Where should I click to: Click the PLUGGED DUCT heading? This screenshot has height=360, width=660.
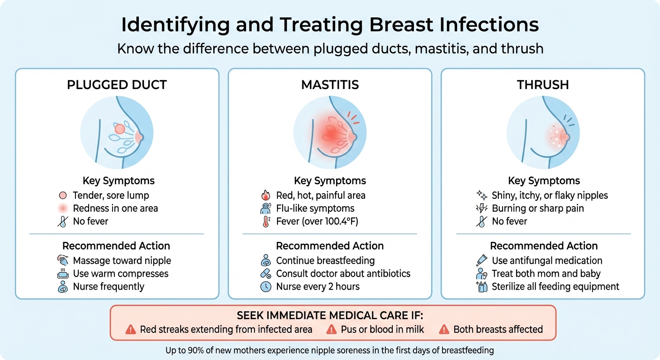117,85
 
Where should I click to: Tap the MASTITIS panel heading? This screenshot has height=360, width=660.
330,85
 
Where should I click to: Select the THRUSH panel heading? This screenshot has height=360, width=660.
543,85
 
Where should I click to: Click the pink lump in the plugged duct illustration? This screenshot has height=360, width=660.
120,128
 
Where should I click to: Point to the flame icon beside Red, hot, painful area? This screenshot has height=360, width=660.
266,195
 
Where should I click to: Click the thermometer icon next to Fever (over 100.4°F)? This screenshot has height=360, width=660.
266,222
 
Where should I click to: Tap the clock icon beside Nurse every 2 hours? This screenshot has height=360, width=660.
266,287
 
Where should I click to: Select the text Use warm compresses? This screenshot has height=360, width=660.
120,274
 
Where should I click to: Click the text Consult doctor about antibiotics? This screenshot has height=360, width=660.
343,274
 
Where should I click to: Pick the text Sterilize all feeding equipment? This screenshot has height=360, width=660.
555,287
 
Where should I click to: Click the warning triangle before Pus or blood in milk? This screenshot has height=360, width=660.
331,330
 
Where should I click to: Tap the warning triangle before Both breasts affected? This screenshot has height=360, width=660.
443,330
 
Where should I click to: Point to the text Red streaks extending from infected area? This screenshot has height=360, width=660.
226,330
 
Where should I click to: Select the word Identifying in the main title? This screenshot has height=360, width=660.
174,25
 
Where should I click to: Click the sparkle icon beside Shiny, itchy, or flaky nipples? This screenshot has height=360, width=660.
481,195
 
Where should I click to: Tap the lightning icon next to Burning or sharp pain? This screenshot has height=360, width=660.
481,209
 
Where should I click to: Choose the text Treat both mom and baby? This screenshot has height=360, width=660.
546,274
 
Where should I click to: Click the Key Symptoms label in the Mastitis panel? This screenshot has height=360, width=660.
330,181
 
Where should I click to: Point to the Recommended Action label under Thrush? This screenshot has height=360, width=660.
544,246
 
